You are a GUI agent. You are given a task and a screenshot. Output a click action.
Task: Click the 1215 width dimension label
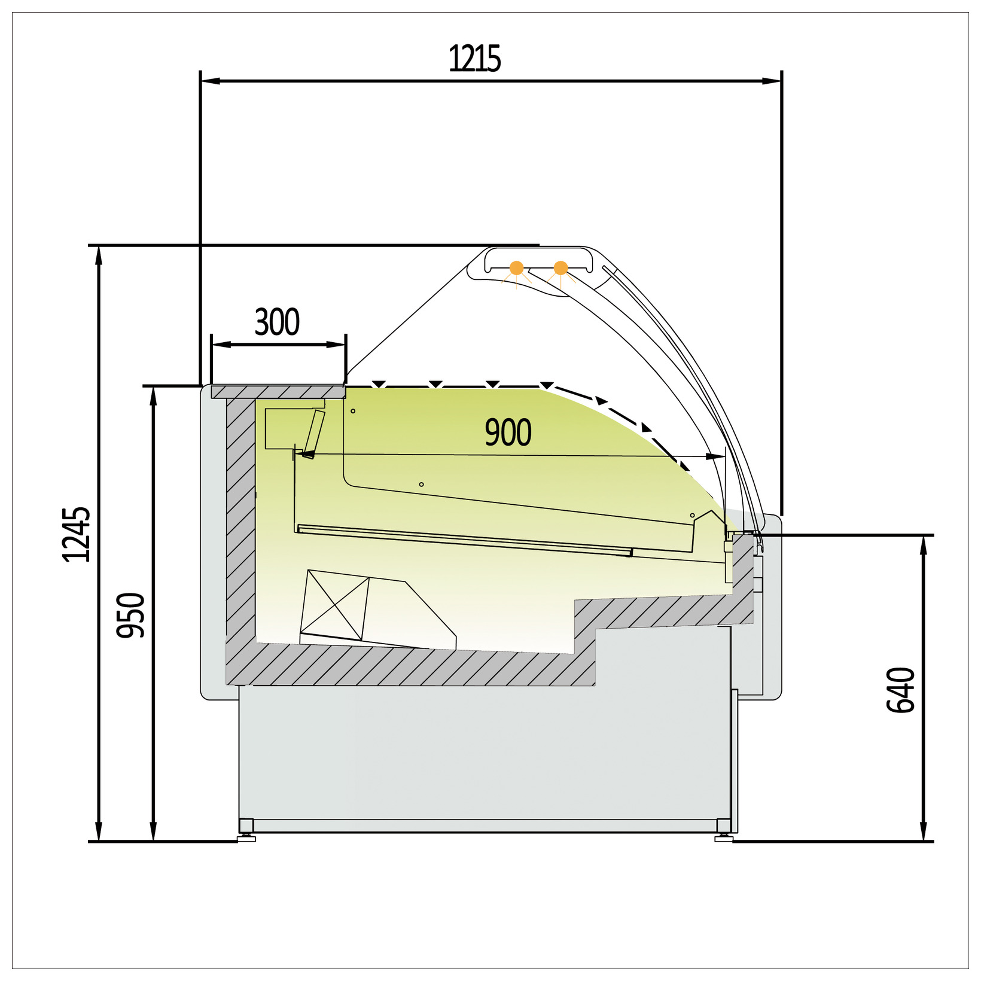474,59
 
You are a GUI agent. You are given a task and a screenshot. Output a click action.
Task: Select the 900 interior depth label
508,432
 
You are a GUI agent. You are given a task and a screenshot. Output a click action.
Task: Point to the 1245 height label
77,534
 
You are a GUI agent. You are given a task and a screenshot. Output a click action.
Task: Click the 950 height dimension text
131,615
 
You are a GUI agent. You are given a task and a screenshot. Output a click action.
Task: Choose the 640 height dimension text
901,690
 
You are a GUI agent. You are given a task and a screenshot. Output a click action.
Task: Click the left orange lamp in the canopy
516,268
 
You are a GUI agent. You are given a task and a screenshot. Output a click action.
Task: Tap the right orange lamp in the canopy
560,268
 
